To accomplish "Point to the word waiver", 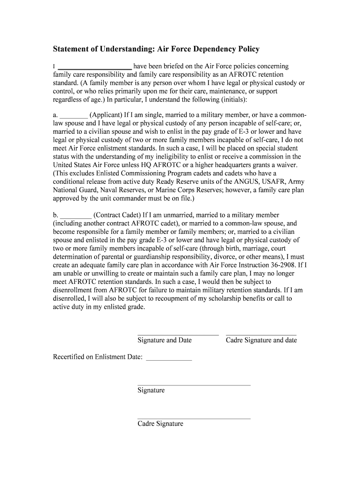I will [x=285, y=165].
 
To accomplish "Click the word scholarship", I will [x=223, y=299].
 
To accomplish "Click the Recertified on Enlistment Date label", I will [x=97, y=357].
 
